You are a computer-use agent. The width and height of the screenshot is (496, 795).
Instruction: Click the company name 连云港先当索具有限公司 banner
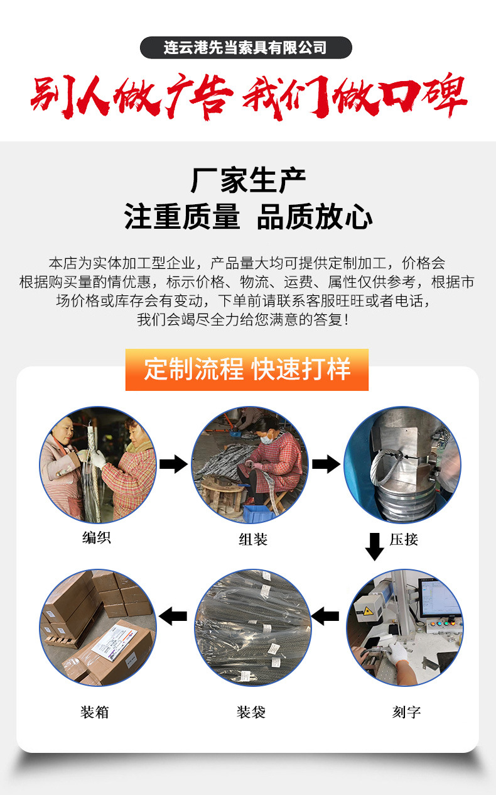245,48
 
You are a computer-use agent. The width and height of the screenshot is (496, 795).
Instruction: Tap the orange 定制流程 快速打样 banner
247,369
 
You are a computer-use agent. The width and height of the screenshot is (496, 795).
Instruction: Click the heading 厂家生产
248,181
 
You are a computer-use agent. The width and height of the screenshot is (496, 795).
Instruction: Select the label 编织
97,538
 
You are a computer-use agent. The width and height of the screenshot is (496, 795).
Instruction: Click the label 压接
404,539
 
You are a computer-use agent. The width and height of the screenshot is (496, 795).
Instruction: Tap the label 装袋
251,712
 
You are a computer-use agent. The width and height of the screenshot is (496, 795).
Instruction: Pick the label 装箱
95,712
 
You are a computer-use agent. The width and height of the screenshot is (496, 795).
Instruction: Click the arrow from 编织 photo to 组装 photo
173,465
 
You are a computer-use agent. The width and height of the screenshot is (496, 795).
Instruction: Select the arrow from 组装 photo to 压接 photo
326,465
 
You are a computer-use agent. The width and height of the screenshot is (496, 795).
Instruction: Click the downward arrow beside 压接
375,546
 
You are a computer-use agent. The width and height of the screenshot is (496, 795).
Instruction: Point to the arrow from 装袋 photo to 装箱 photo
173,616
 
